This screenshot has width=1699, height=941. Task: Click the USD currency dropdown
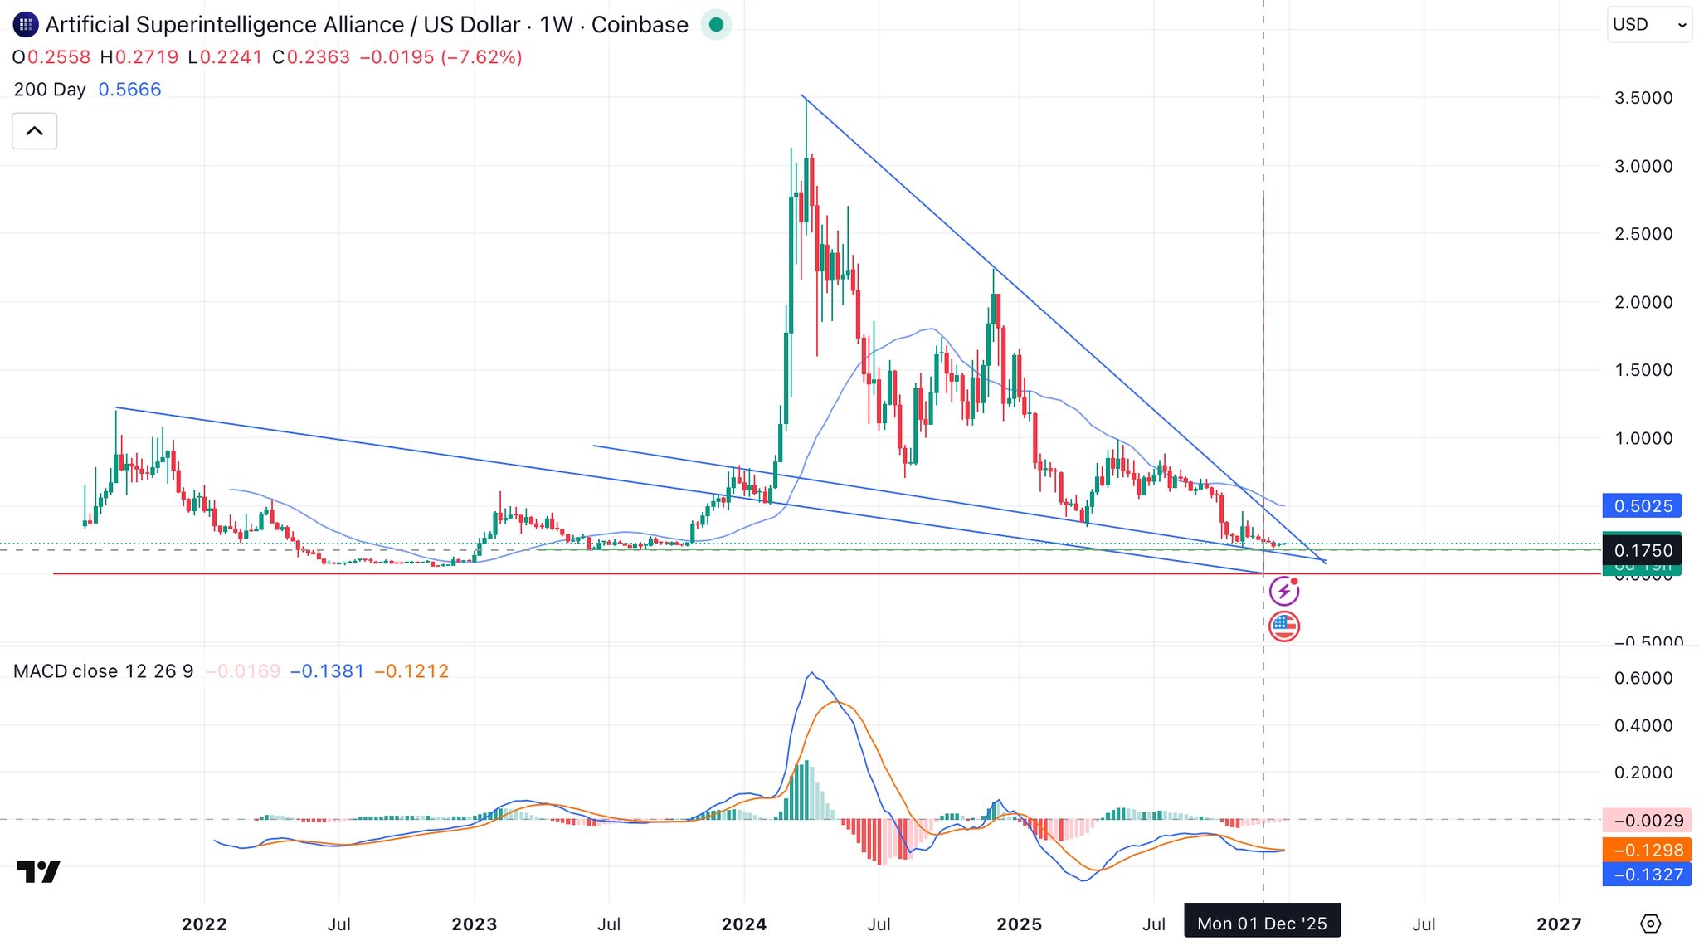click(x=1648, y=25)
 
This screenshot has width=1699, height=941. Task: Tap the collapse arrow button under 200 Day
click(x=35, y=131)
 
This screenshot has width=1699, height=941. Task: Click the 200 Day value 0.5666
click(x=129, y=90)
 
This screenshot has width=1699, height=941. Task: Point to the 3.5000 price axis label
click(x=1643, y=98)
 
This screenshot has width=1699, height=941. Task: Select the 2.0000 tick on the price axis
click(x=1643, y=302)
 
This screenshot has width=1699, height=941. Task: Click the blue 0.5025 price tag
click(x=1642, y=505)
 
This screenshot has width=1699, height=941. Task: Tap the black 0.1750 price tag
click(x=1642, y=550)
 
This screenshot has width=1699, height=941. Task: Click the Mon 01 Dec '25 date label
click(x=1262, y=924)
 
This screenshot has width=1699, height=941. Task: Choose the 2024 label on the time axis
click(x=744, y=924)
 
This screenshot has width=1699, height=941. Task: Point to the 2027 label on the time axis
click(x=1559, y=924)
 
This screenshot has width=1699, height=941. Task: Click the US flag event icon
click(x=1284, y=627)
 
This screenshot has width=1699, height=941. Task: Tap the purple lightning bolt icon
click(x=1284, y=592)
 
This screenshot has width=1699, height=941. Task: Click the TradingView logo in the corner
click(x=39, y=871)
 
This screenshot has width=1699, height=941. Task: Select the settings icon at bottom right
click(x=1650, y=924)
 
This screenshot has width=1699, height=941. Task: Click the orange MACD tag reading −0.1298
click(x=1647, y=850)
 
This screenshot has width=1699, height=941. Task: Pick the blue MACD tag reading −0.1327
click(x=1647, y=875)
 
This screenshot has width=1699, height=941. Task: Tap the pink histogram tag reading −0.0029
click(x=1647, y=821)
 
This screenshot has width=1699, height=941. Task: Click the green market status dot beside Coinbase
click(x=716, y=25)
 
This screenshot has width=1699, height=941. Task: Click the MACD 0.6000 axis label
click(x=1643, y=678)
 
